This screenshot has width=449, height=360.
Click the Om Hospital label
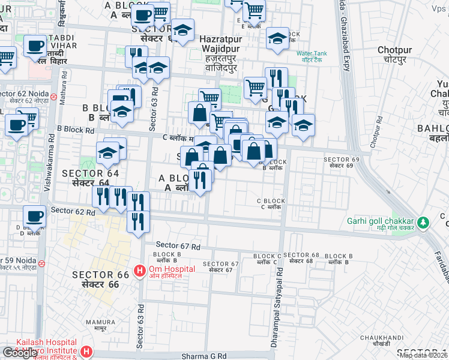click(171, 269)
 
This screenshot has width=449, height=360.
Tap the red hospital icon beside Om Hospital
click(140, 271)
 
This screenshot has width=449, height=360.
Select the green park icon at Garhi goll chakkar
click(424, 223)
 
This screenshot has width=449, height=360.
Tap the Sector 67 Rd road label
click(178, 245)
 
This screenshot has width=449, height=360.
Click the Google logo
click(20, 353)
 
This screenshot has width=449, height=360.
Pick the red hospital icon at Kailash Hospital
click(86, 351)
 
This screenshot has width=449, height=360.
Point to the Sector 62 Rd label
click(73, 211)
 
